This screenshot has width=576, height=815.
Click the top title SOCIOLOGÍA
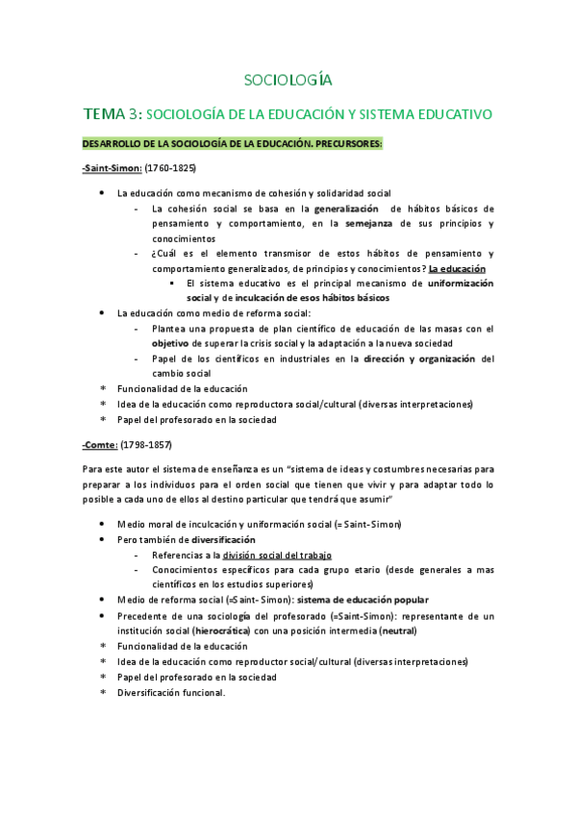288,79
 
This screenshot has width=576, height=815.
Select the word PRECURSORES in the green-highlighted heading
341,143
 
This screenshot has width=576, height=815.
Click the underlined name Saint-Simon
113,166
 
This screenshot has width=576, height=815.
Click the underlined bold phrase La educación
457,269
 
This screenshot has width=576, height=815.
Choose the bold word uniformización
460,284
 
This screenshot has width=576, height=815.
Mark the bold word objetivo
170,343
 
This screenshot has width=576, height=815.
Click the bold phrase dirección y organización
419,358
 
